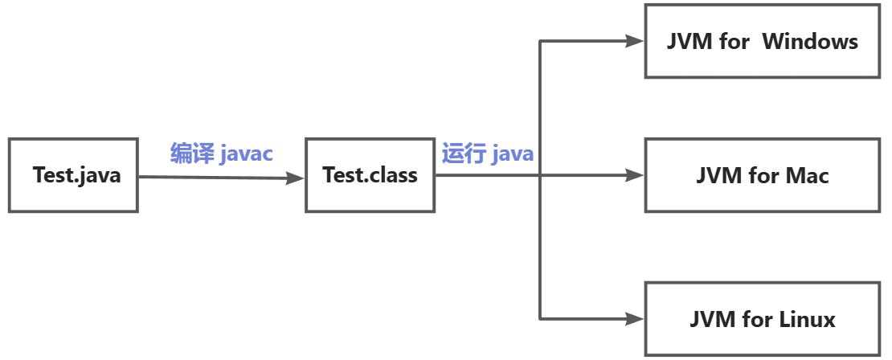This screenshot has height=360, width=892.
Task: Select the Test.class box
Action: (370, 175)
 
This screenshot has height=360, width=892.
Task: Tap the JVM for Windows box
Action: (763, 42)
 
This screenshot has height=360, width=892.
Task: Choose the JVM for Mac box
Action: (763, 175)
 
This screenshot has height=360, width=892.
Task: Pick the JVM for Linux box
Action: (763, 319)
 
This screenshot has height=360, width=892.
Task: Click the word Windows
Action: (810, 42)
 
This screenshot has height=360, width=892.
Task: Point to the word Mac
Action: (807, 175)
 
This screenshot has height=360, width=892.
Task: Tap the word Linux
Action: (808, 320)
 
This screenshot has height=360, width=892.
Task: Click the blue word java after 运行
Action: (512, 153)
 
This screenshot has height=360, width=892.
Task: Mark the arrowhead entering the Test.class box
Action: (297, 178)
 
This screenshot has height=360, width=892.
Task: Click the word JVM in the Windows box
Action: (689, 42)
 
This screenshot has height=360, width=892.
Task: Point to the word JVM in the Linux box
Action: (710, 320)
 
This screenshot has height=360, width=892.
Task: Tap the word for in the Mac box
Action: (763, 175)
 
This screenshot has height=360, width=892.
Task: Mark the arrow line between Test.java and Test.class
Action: (217, 177)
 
